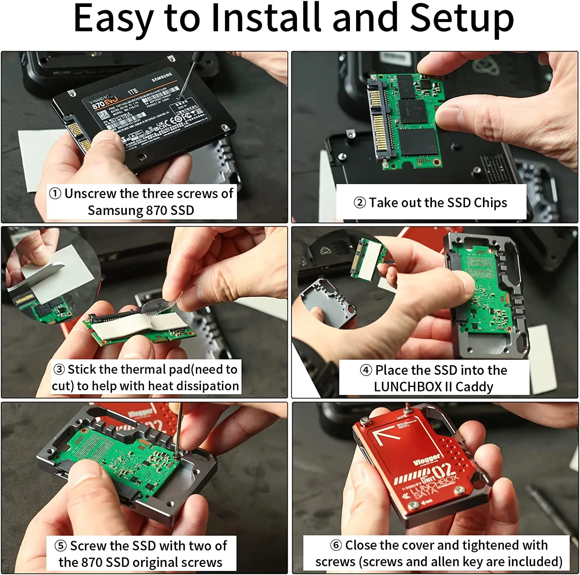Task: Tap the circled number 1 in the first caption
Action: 55,193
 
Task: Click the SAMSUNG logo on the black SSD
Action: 162,77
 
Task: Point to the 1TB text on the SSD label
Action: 133,92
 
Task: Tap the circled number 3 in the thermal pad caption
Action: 59,369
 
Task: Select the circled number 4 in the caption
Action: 366,370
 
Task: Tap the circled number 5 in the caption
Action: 61,546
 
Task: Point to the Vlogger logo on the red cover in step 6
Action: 426,460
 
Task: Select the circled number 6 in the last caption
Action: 336,545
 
